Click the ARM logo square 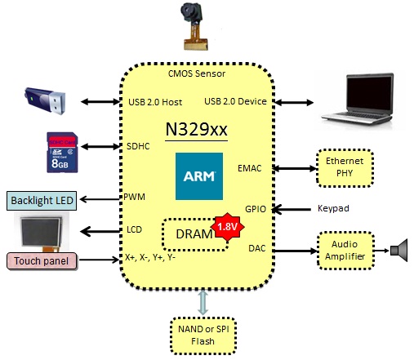tap(199, 176)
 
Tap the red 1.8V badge tap(227, 227)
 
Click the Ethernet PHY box tap(345, 167)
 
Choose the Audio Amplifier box tap(345, 251)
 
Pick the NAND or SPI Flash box tap(203, 336)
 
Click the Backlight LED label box tap(42, 201)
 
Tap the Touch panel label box tap(42, 261)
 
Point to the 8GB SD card tap(62, 153)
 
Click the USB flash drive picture tap(46, 100)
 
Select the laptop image tap(358, 99)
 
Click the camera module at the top tap(194, 26)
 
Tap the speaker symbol tap(399, 251)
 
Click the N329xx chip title tap(196, 130)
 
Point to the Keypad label tap(333, 208)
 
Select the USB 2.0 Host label tap(155, 102)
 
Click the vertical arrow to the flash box tap(203, 302)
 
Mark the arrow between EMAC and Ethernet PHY tap(295, 168)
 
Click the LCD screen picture tap(42, 232)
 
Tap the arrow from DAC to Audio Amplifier tap(296, 251)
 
